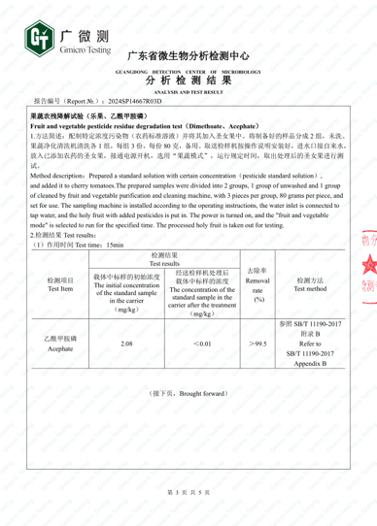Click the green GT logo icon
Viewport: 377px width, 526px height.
tap(40, 38)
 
